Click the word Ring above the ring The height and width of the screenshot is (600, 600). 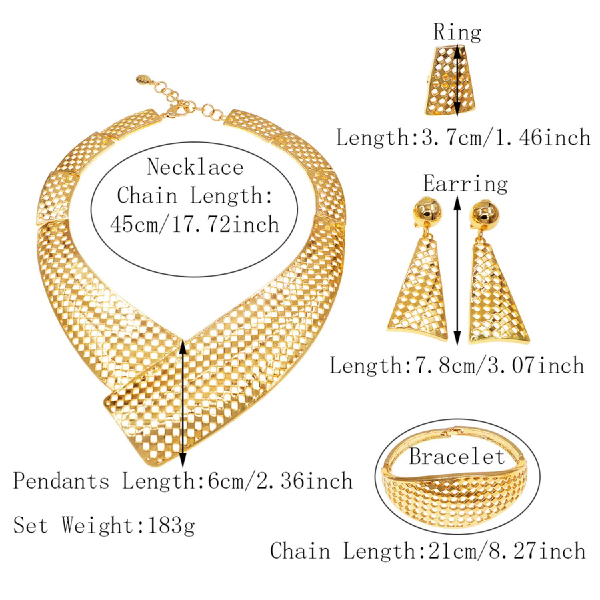[x=457, y=32]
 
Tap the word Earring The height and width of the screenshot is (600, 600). [x=465, y=184]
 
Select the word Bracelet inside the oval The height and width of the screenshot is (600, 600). [x=457, y=456]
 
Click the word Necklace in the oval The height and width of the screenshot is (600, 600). [x=195, y=167]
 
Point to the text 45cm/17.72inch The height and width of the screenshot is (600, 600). [x=195, y=224]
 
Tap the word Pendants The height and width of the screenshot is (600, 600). [x=61, y=481]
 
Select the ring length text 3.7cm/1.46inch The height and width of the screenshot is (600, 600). [x=506, y=137]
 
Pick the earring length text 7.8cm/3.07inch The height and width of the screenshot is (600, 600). [x=494, y=365]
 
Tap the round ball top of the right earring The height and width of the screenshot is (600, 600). [x=485, y=214]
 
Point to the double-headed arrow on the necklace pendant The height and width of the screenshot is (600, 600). [x=183, y=403]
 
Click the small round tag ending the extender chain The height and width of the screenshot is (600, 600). [x=141, y=80]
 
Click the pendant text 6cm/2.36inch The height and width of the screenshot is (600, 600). [x=280, y=481]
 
